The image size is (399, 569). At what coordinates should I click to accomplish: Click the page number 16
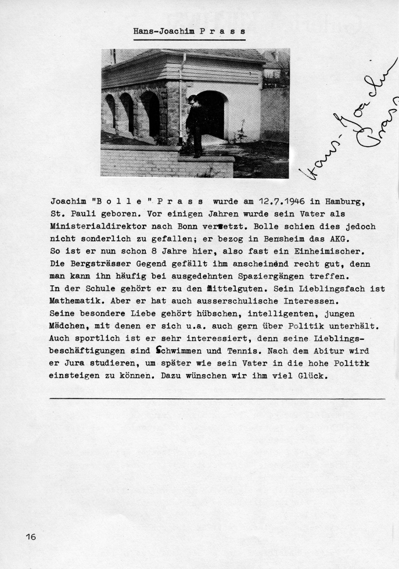pyautogui.click(x=31, y=537)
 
